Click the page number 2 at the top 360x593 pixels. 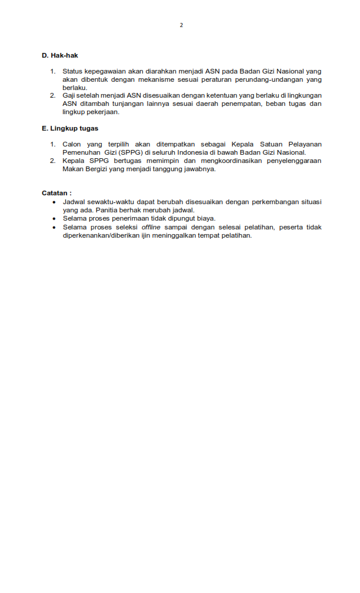coord(181,25)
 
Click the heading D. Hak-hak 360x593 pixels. coord(60,55)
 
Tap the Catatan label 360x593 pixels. coord(56,193)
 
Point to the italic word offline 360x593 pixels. coord(151,227)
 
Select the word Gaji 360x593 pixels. coord(69,95)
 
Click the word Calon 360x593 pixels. coord(72,144)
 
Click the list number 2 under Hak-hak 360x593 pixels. coord(52,95)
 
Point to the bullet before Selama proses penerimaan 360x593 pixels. coord(54,218)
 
